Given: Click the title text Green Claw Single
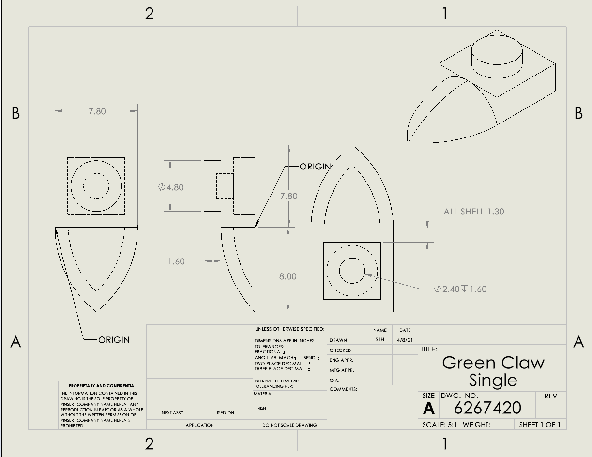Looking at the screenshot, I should [x=493, y=371].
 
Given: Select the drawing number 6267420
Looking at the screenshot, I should [x=487, y=408].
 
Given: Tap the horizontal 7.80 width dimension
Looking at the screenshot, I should [x=96, y=111].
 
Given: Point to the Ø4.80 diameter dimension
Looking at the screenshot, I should [x=171, y=187].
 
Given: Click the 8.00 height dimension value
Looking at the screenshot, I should [x=288, y=276].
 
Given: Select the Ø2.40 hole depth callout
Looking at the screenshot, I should [x=460, y=289].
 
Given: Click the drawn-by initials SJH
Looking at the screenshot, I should [x=379, y=340].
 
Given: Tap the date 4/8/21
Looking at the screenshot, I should [x=404, y=340].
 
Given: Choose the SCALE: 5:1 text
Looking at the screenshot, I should [x=440, y=425].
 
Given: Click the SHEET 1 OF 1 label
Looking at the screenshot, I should [x=539, y=425].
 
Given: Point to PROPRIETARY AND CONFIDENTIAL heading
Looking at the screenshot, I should [x=102, y=386].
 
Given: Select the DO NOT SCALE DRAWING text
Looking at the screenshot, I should [x=289, y=425].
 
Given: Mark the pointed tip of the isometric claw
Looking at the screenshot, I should [x=408, y=142].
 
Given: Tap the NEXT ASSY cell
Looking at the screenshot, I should [x=172, y=413].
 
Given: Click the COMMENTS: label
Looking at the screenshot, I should [x=343, y=389].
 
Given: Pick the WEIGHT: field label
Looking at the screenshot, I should [x=476, y=425].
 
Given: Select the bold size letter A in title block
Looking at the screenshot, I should [x=428, y=409].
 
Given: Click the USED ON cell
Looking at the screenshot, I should [x=224, y=413].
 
